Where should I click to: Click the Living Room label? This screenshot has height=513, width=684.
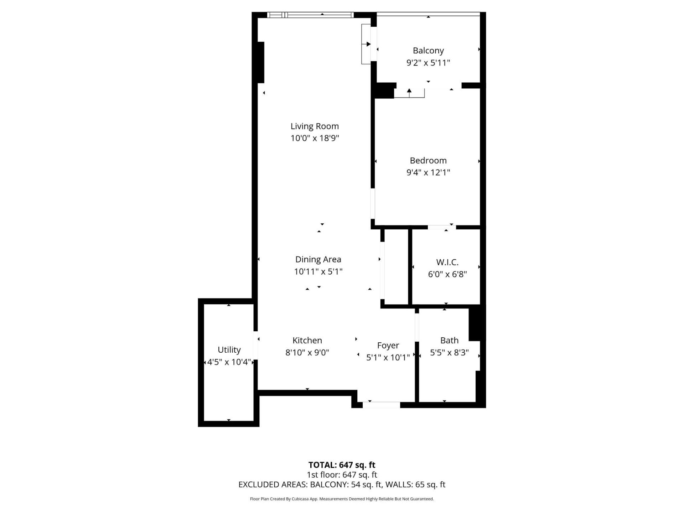[x=315, y=126]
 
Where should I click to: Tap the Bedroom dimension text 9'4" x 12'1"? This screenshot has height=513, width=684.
[x=428, y=172]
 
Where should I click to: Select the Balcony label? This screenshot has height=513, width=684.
[x=428, y=51]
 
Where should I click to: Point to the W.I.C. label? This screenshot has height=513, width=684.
[x=447, y=262]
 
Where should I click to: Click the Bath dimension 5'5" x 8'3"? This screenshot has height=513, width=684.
[x=449, y=353]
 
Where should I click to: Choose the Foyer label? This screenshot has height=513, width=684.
[x=388, y=346]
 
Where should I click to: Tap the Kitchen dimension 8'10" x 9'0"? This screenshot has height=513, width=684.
[x=307, y=353]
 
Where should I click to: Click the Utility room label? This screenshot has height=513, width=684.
[x=229, y=350]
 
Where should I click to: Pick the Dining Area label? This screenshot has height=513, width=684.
[x=318, y=260]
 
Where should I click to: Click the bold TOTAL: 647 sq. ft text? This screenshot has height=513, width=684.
[x=342, y=465]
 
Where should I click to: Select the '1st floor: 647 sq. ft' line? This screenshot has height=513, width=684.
[x=342, y=475]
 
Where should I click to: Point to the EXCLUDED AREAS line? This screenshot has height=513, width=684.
[x=342, y=484]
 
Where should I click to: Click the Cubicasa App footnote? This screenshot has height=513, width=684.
[x=342, y=499]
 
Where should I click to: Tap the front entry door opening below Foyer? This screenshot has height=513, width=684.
[x=381, y=405]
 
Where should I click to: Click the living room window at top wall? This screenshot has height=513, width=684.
[x=310, y=15]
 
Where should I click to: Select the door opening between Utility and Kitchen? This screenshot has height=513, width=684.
[x=256, y=346]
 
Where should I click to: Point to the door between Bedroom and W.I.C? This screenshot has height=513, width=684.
[x=442, y=227]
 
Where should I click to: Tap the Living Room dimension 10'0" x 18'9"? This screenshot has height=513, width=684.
[x=315, y=138]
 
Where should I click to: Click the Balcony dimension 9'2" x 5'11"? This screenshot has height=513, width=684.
[x=428, y=63]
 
